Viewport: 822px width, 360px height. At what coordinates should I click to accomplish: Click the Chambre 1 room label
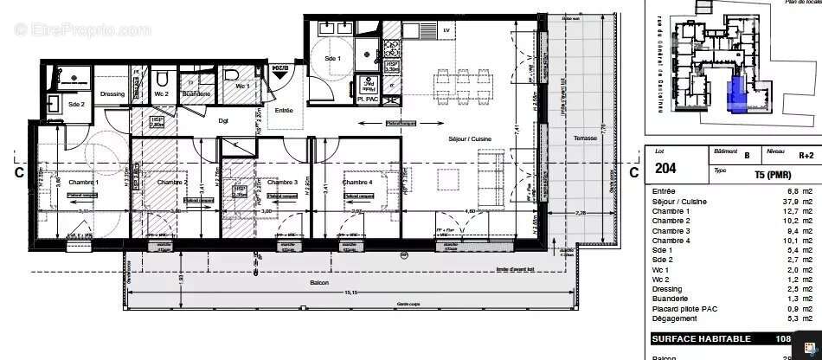pyautogui.click(x=84, y=183)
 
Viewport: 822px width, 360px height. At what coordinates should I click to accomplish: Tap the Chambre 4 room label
pyautogui.click(x=357, y=183)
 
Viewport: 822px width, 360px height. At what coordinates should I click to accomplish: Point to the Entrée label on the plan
pyautogui.click(x=284, y=110)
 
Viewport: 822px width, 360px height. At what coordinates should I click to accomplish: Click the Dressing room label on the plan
pyautogui.click(x=112, y=94)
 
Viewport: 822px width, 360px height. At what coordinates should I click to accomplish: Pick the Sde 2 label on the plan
pyautogui.click(x=76, y=105)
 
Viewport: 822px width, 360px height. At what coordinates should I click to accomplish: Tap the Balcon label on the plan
pyautogui.click(x=320, y=283)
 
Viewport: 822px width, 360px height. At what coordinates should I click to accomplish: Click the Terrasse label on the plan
pyautogui.click(x=586, y=140)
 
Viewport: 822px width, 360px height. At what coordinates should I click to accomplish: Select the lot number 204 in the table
pyautogui.click(x=665, y=169)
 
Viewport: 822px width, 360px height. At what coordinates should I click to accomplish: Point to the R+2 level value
pyautogui.click(x=806, y=156)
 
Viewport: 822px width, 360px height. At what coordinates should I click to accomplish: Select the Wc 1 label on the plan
pyautogui.click(x=242, y=86)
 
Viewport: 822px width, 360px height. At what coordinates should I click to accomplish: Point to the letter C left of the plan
pyautogui.click(x=18, y=172)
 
